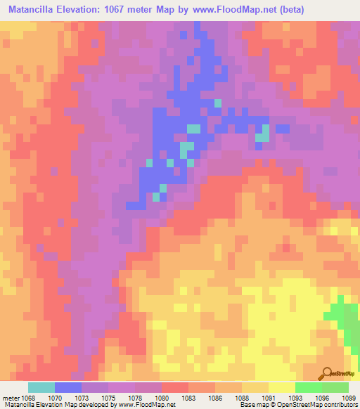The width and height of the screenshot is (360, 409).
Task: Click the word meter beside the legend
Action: (11, 398)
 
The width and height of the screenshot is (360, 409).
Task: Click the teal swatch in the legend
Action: (41, 387)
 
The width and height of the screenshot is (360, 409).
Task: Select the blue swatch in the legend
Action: (68, 387)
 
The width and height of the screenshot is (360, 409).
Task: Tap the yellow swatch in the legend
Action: (282, 387)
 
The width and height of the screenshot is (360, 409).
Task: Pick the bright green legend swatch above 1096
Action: (309, 387)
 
